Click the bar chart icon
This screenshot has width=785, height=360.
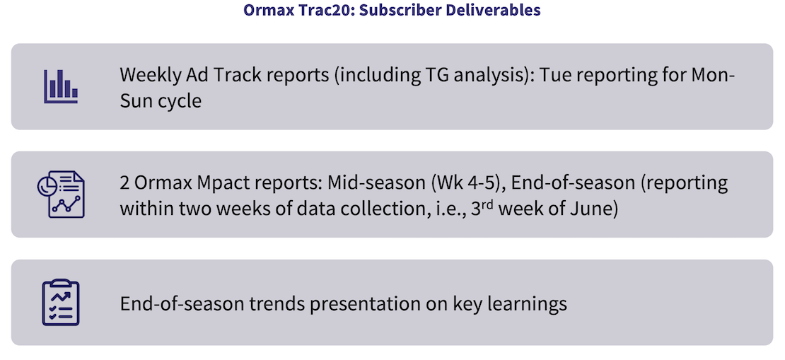point(61,86)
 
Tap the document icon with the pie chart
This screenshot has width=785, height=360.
point(61,194)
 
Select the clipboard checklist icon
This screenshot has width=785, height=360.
point(61,303)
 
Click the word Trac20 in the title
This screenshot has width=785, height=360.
point(316,10)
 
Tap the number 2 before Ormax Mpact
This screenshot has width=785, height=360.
point(125,182)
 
